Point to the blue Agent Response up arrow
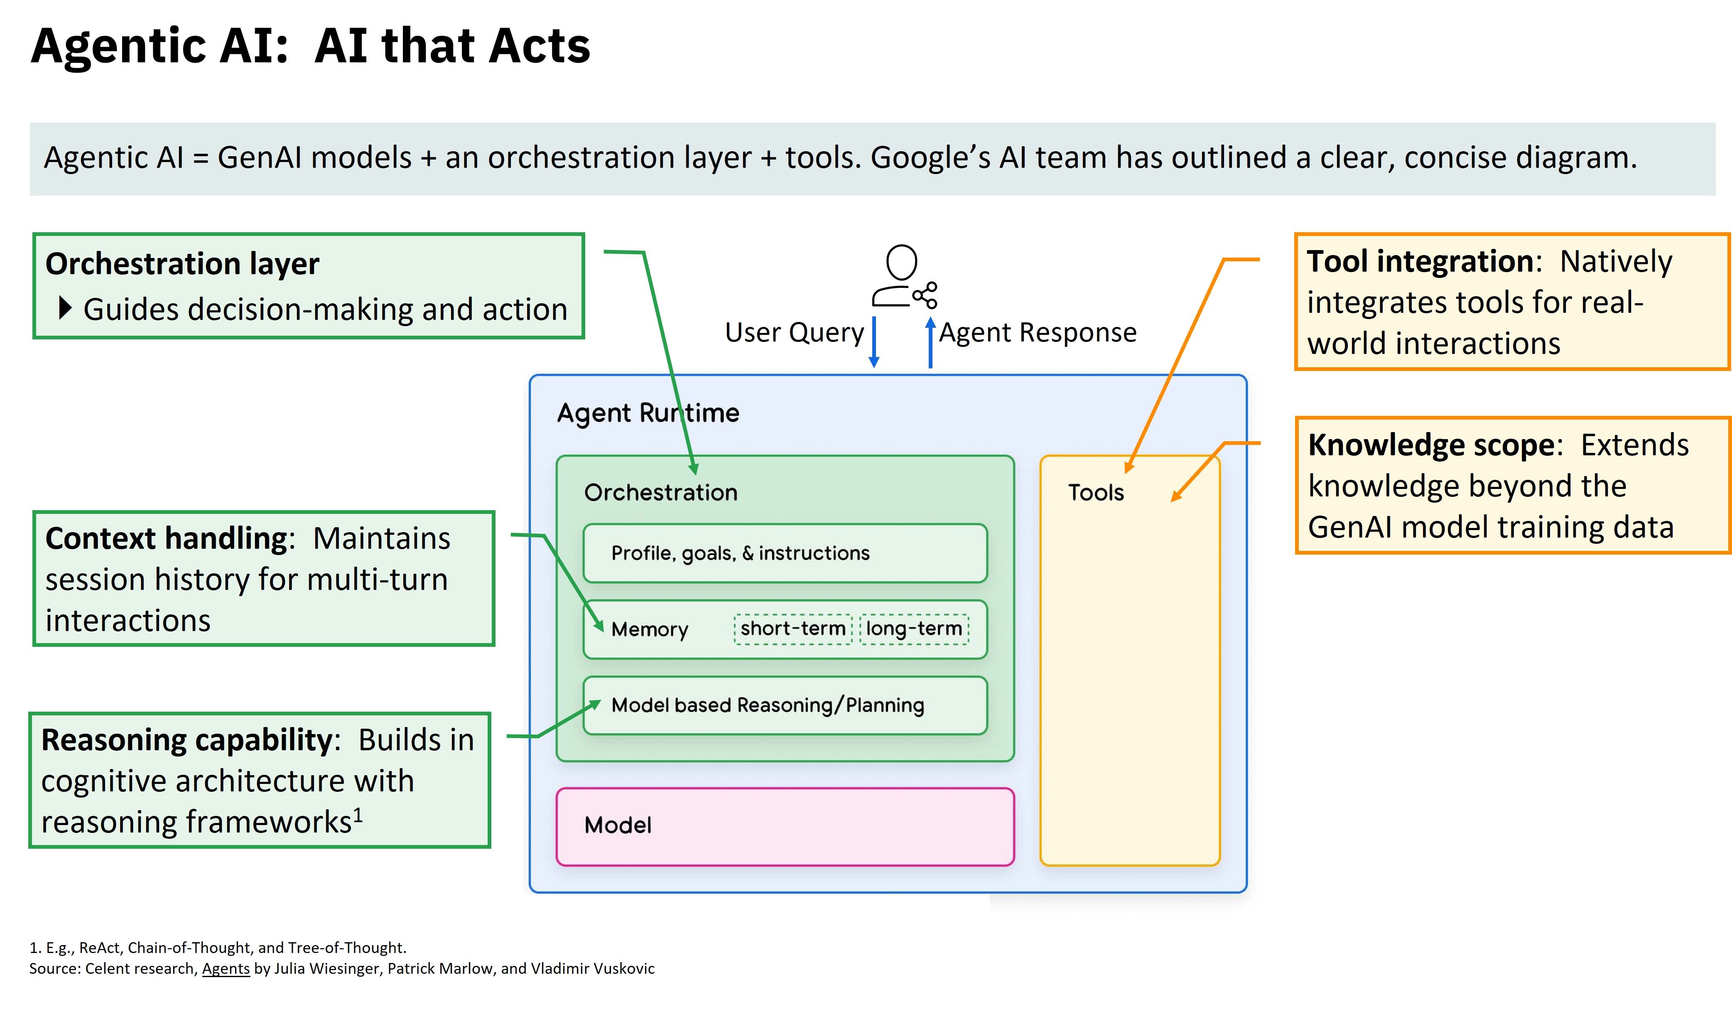931,341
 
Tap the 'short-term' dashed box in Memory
793,629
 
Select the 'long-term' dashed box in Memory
914,629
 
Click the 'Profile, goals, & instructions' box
785,553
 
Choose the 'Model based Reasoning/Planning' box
785,705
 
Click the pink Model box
785,826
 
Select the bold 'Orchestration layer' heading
182,264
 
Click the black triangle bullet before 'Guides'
65,308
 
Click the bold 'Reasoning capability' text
187,740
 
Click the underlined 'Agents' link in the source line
226,969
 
